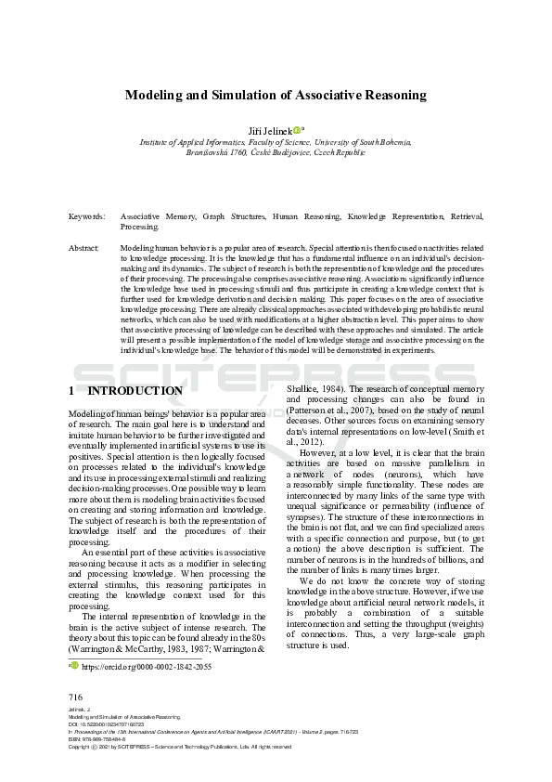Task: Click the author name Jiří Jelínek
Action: click(266, 130)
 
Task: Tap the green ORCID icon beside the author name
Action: click(296, 130)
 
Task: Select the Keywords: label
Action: click(86, 216)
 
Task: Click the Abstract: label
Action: click(84, 249)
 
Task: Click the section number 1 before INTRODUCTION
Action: click(72, 391)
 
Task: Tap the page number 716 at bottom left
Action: click(75, 697)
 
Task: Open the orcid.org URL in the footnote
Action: click(147, 667)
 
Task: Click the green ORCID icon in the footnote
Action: click(75, 666)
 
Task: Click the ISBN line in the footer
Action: click(98, 738)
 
